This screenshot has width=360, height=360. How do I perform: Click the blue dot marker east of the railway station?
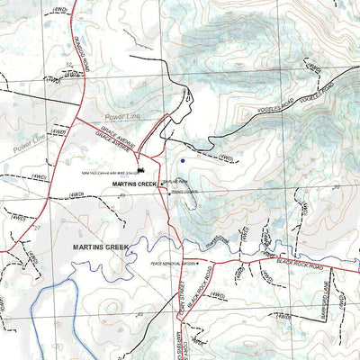183,160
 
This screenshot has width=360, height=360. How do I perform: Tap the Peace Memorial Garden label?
175,263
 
